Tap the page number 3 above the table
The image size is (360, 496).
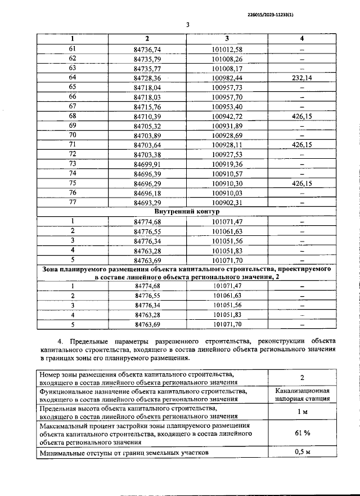click(x=188, y=24)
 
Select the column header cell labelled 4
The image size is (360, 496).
click(x=301, y=38)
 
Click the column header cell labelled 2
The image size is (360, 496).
click(x=147, y=38)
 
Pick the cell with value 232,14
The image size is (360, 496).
click(x=301, y=78)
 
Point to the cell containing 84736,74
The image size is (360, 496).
click(x=147, y=49)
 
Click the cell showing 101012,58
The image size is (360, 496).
click(x=227, y=49)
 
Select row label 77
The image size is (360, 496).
click(x=72, y=202)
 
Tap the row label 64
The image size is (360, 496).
click(x=72, y=78)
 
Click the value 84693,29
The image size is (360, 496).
click(x=147, y=202)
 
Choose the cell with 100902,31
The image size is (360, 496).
click(x=227, y=202)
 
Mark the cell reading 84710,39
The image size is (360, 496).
click(x=147, y=116)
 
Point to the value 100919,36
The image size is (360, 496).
click(x=227, y=164)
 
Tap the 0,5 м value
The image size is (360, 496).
click(x=301, y=452)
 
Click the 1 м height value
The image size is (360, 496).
click(x=301, y=412)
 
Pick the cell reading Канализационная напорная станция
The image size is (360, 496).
click(x=301, y=394)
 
